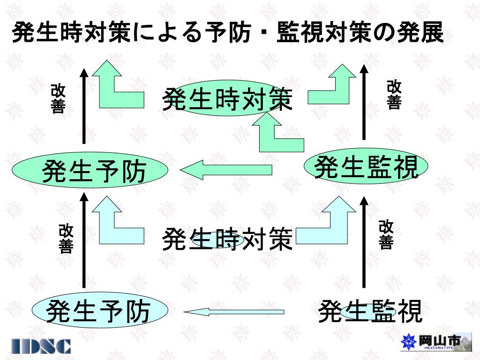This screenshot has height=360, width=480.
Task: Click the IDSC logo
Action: pos(42,346)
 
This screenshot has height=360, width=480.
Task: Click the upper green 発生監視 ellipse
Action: pos(366,168)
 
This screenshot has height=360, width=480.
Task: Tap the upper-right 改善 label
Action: pos(394,95)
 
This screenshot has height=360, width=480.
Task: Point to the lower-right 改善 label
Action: pos(386,234)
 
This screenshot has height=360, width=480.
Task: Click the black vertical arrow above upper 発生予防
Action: pos(84,106)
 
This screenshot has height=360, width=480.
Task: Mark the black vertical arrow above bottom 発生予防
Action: pos(84,242)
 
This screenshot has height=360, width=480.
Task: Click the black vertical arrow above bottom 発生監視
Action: pos(364,243)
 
